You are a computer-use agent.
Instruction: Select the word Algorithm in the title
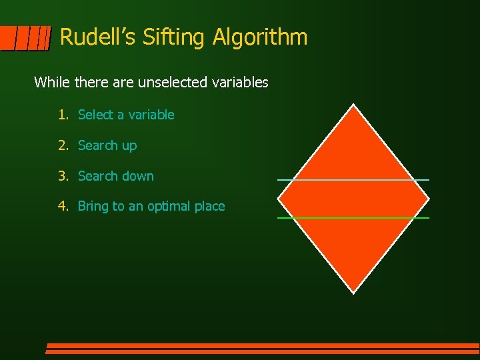(x=261, y=37)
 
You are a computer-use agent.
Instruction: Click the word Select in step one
(x=96, y=115)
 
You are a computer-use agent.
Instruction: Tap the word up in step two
(x=129, y=146)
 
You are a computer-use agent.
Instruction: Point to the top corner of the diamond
(x=353, y=106)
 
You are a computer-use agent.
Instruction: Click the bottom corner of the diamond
(x=353, y=291)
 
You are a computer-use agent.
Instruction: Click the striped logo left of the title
(x=25, y=39)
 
